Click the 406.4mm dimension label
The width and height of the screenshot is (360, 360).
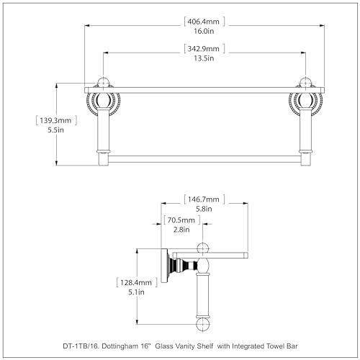[204, 22]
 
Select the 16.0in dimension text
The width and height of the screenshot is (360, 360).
[204, 31]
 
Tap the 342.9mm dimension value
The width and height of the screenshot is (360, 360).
[204, 49]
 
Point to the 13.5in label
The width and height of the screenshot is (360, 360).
[204, 58]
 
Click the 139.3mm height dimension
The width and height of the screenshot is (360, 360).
[55, 120]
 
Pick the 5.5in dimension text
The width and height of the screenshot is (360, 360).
[55, 130]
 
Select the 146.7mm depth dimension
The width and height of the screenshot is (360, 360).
[204, 199]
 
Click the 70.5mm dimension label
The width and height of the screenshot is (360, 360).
[181, 220]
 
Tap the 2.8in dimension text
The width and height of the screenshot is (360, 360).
[181, 230]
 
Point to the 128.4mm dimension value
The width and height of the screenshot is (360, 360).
[136, 282]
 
